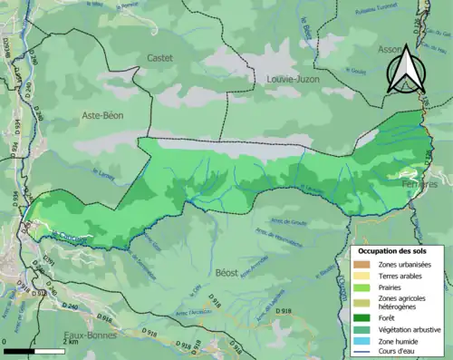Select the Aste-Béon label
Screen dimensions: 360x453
tap(102, 115)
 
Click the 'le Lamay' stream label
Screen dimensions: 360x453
tap(101, 169)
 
